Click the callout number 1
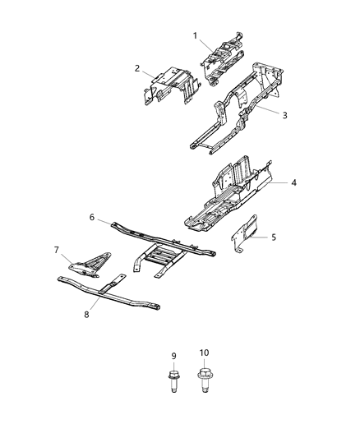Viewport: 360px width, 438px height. coord(196,35)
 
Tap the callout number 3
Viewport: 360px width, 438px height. coord(284,115)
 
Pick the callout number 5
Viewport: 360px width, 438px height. coord(275,237)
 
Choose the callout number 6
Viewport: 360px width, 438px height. coord(93,218)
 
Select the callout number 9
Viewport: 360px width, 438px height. coord(173,355)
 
